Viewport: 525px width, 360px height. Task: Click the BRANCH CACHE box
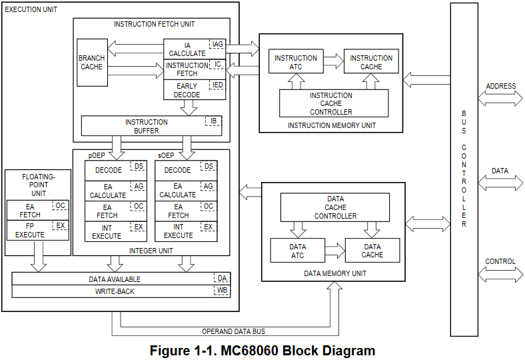92,62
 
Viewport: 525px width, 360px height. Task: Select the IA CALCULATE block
187,49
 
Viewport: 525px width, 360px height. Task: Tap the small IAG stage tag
217,45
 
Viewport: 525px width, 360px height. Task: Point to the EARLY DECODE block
187,91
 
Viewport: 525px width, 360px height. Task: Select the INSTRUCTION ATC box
296,63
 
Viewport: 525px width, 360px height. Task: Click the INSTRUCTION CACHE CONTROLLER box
330,103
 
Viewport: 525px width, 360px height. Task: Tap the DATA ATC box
297,251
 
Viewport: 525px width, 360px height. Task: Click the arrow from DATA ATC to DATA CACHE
335,251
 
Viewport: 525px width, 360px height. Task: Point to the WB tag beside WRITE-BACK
221,291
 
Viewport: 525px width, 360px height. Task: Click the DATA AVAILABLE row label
115,279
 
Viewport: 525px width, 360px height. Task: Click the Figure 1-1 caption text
262,351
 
